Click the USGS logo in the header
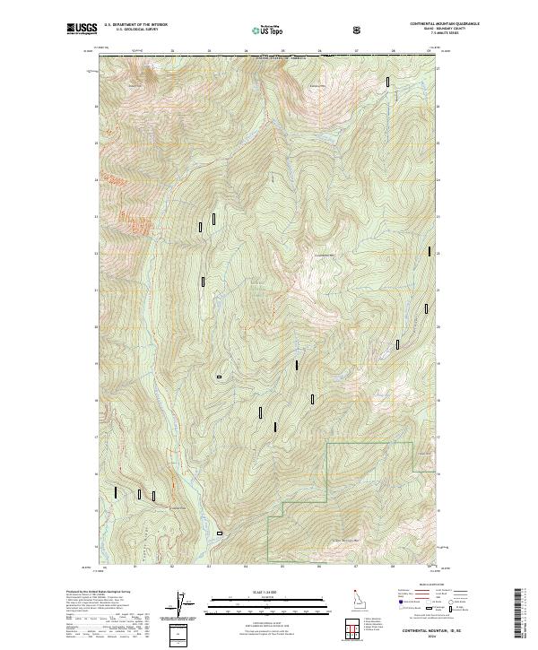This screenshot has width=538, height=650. [82, 29]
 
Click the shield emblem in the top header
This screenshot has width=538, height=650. [358, 30]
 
